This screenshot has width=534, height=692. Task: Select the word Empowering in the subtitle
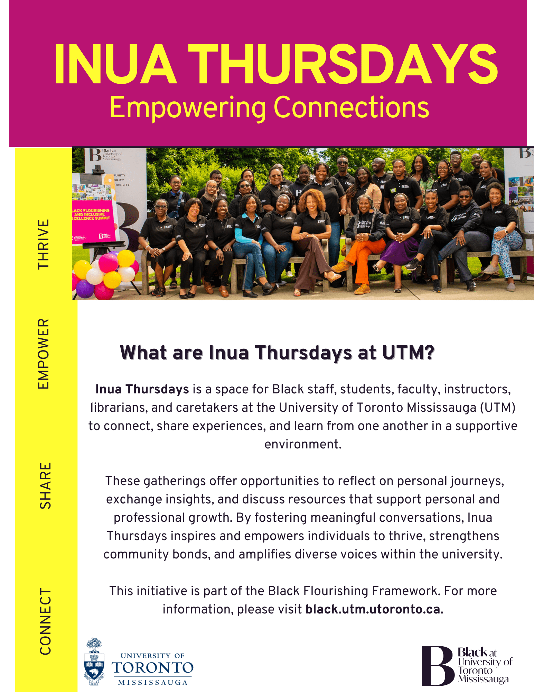click(x=188, y=108)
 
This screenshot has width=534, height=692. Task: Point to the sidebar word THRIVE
click(x=44, y=244)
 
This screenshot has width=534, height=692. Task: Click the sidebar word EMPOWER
click(x=44, y=354)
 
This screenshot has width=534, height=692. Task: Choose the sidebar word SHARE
click(x=45, y=485)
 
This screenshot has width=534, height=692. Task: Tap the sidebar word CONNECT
click(x=45, y=621)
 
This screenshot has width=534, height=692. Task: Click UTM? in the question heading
click(x=408, y=353)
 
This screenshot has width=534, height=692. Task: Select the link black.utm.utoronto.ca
click(x=374, y=609)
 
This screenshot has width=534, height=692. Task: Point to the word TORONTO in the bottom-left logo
click(x=152, y=668)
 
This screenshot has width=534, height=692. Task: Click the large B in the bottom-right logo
click(x=437, y=666)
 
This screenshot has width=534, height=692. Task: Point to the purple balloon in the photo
click(x=84, y=288)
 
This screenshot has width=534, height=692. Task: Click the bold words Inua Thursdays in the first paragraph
click(x=142, y=389)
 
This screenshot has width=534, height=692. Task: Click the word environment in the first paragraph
click(x=303, y=444)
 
